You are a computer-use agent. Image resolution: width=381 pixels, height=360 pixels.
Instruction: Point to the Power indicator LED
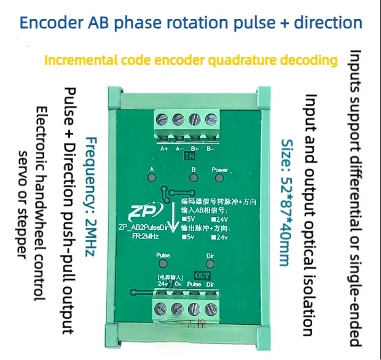click(220, 178)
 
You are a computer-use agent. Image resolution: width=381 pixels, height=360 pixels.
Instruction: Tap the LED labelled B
click(193, 178)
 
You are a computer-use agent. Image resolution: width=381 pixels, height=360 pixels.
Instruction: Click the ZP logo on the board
click(144, 212)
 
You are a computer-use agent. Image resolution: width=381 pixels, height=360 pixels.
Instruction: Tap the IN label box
click(187, 157)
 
